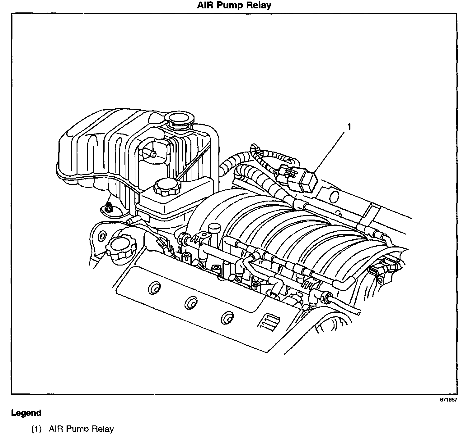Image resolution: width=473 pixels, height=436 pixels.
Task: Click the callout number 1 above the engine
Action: coord(349,127)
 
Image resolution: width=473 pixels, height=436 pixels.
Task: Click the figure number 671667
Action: coord(448,400)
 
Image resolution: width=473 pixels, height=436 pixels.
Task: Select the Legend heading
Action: coord(26,413)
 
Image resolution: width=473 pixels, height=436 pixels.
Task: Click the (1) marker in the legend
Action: coord(36,429)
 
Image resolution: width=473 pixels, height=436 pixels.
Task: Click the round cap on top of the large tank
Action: coord(180,119)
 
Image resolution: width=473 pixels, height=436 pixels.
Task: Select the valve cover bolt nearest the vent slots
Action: coord(227,318)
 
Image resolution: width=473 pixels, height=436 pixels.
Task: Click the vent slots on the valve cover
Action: coord(267,321)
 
